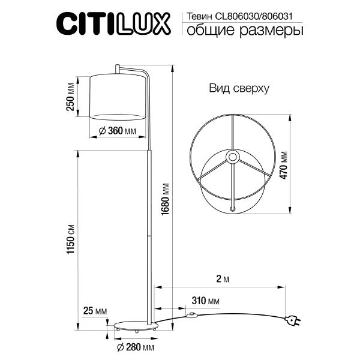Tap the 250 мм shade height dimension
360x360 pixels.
[71, 96]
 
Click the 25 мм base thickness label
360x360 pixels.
[94, 311]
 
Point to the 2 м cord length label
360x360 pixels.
[222, 279]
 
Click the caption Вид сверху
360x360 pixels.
[239, 88]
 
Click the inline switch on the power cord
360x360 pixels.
[193, 314]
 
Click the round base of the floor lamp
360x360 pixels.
[136, 326]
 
